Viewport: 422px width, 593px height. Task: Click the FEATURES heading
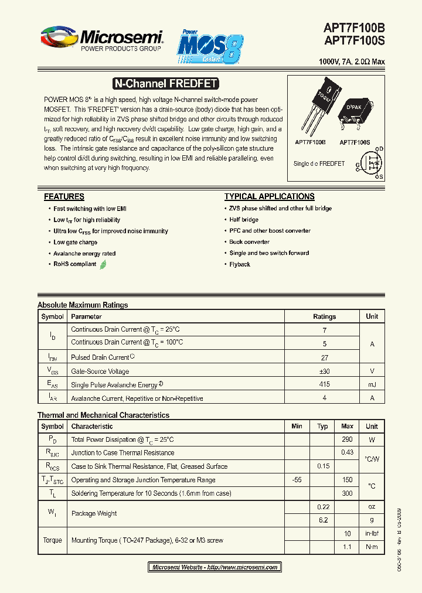click(64, 197)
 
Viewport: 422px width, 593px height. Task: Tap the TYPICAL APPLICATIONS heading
click(269, 197)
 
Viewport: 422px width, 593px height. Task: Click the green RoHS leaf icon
click(103, 264)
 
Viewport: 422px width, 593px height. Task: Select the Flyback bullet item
click(240, 264)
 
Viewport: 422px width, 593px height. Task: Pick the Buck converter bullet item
click(249, 242)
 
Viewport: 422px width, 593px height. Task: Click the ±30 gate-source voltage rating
click(324, 371)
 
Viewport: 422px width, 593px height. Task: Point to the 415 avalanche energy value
click(324, 384)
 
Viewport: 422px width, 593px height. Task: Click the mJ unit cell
click(372, 384)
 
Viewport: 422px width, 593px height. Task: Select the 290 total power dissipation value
click(347, 439)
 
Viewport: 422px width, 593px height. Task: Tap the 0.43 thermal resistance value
click(347, 452)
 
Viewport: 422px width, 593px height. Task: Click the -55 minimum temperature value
click(297, 480)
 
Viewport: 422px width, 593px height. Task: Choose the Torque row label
click(52, 540)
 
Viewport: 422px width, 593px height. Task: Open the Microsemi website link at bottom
click(215, 567)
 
